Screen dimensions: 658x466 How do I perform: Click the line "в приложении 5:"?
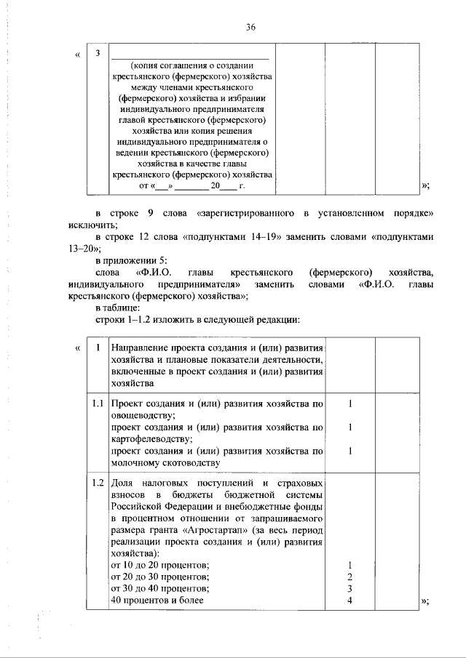click(x=128, y=260)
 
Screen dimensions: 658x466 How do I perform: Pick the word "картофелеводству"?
click(x=150, y=439)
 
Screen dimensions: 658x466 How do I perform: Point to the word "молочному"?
click(x=131, y=462)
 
